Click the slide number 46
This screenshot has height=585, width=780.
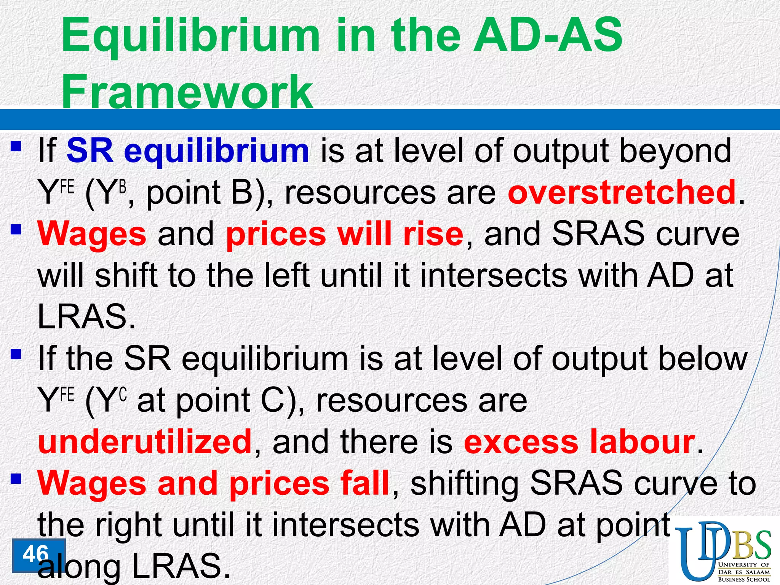click(x=36, y=554)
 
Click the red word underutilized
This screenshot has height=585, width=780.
click(x=145, y=442)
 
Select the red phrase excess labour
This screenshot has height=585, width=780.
click(x=579, y=442)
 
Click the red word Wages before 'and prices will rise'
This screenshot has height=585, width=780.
click(x=92, y=234)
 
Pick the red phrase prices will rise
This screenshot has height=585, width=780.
click(x=345, y=234)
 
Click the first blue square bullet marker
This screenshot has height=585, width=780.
click(x=16, y=147)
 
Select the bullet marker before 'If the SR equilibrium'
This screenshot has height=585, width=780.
click(x=16, y=355)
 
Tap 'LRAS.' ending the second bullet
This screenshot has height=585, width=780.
click(x=86, y=317)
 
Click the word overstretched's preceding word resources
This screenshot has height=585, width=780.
click(x=360, y=192)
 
